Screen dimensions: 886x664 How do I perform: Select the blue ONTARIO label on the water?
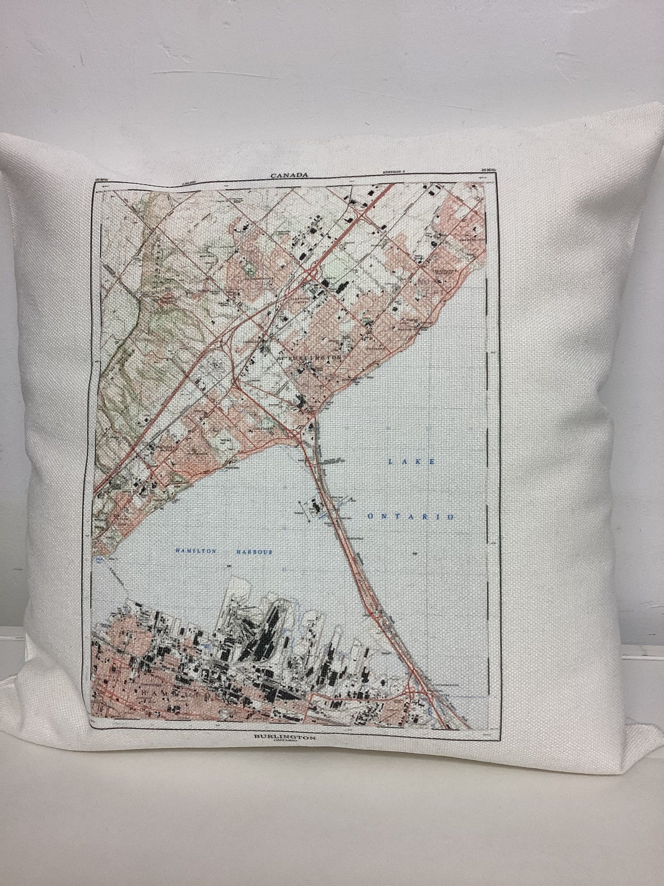click(411, 517)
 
